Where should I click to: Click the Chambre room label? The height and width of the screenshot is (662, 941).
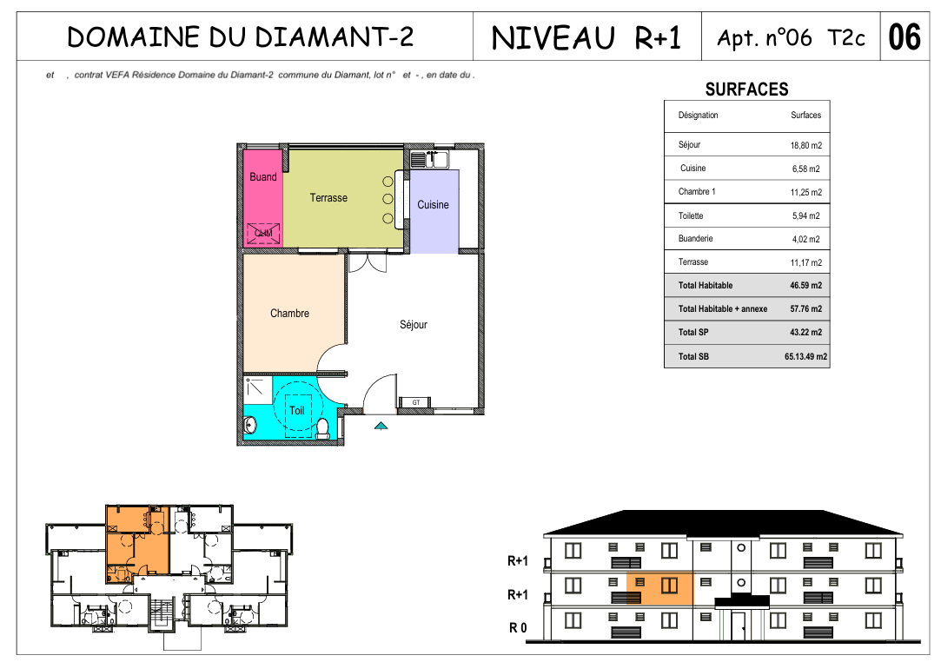[290, 314]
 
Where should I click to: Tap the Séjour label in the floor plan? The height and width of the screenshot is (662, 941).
[414, 325]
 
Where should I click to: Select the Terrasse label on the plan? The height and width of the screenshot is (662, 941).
[328, 197]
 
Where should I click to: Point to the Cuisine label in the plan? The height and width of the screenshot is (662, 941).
[433, 205]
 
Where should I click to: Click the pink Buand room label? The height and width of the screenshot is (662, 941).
[263, 176]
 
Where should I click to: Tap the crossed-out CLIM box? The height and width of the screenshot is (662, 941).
[263, 233]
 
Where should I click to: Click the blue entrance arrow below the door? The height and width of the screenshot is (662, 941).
[381, 426]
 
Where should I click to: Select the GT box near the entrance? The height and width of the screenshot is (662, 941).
[416, 402]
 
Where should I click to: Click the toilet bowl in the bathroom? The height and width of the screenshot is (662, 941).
[323, 427]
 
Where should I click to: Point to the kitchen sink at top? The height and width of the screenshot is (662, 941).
[430, 159]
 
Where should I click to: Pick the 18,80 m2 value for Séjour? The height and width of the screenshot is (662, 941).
[806, 145]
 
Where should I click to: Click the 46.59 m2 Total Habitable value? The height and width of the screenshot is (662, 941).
[806, 286]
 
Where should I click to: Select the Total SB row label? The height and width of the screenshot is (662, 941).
[693, 356]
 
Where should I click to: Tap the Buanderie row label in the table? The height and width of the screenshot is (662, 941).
[696, 239]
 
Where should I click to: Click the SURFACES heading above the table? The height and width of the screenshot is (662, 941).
[746, 89]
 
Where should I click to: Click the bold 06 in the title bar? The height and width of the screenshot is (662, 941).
[905, 36]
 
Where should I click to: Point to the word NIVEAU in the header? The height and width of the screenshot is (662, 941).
[553, 38]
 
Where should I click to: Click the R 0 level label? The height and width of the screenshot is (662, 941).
[518, 628]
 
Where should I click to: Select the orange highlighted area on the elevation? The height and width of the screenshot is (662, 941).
[659, 589]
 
